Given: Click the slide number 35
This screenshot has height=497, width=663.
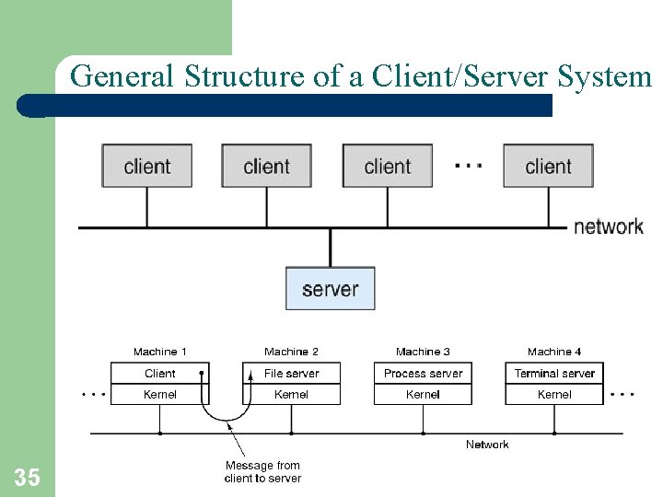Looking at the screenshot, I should (27, 477).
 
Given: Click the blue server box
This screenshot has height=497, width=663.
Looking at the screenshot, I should (330, 289).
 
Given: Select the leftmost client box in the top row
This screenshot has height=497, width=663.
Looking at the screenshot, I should (147, 167).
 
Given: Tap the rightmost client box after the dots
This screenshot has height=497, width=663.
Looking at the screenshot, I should (548, 167).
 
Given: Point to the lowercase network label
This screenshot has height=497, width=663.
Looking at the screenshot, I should (608, 226).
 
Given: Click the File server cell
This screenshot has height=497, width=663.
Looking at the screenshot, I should (291, 373).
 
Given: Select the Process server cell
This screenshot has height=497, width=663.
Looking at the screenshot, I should (423, 373).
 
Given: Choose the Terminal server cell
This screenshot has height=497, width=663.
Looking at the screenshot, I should (554, 373).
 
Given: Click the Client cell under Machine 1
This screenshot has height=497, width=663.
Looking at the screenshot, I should (159, 373).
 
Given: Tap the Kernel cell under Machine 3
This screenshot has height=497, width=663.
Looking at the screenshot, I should (423, 394).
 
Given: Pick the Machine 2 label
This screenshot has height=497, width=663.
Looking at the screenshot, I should (291, 352).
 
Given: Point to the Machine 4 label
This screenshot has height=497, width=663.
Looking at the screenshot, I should (554, 352).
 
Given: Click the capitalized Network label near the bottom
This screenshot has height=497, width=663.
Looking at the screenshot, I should (487, 445).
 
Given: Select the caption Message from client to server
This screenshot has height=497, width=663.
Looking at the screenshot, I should (262, 471).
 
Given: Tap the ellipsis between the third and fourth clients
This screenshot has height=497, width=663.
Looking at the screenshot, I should (468, 167).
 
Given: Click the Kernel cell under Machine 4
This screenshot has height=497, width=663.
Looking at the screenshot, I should (554, 394).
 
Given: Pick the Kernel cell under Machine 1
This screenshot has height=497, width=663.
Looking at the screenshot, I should (159, 394).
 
